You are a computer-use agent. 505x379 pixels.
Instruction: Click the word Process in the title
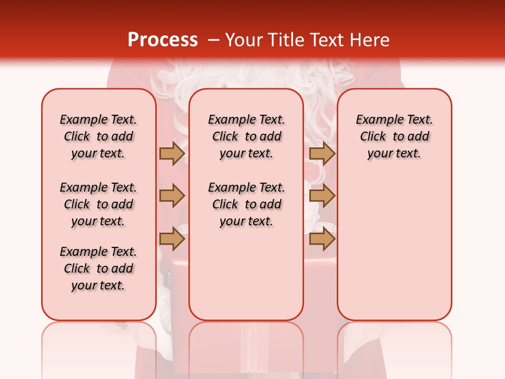tap(163, 40)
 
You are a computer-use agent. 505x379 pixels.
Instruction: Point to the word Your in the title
tap(245, 40)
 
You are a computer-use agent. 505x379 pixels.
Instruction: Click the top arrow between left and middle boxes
tap(172, 154)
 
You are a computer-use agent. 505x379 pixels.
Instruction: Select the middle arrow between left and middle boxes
tap(172, 196)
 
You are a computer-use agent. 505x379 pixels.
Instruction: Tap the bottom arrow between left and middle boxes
tap(172, 239)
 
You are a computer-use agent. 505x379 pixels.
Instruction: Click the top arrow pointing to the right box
tap(322, 154)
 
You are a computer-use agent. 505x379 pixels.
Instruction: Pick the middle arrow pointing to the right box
tap(322, 196)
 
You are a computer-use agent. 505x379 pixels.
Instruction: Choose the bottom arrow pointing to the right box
tap(322, 239)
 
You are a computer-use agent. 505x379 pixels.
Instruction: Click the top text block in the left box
tap(98, 136)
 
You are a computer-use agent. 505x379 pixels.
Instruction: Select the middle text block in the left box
tap(98, 204)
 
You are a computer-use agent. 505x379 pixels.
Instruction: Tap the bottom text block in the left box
tap(98, 268)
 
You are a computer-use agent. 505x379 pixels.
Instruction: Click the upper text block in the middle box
tap(246, 136)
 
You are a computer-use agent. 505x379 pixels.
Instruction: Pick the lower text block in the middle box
tap(246, 204)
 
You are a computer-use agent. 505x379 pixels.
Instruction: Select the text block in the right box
tap(394, 136)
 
